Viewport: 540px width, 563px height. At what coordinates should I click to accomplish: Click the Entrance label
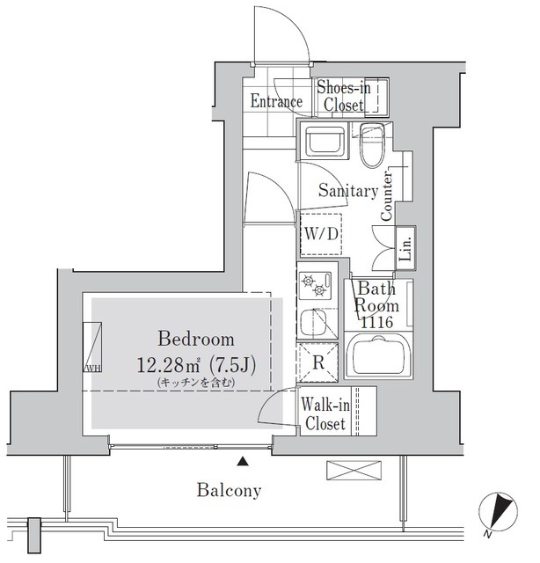click(x=276, y=101)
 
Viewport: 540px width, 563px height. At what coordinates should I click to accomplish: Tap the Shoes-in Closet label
click(x=344, y=96)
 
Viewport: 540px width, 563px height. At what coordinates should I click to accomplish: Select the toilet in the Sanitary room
click(x=372, y=146)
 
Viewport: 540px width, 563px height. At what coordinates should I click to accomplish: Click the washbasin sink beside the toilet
click(x=324, y=141)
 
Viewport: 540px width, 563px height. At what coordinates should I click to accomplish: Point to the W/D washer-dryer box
click(x=321, y=235)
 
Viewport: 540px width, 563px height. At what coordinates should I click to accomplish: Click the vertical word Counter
click(x=386, y=196)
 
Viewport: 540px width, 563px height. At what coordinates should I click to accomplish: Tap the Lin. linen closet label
click(x=406, y=248)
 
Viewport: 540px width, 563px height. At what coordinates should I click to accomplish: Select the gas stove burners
click(x=315, y=285)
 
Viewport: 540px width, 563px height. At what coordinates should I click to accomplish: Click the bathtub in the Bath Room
click(x=378, y=355)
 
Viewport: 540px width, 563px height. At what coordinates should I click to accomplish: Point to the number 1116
click(x=377, y=322)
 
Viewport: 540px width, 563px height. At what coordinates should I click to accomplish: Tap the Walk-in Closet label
click(x=325, y=414)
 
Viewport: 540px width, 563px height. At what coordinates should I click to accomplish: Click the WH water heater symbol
click(x=92, y=347)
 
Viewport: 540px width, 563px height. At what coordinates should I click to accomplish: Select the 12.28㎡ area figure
click(x=168, y=366)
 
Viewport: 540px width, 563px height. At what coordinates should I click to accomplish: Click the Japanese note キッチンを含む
click(x=196, y=383)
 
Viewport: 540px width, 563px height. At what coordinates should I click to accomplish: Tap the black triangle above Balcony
click(x=243, y=461)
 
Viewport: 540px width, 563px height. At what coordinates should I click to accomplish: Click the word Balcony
click(x=229, y=490)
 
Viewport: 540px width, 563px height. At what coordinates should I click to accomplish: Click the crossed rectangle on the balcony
click(x=354, y=471)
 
